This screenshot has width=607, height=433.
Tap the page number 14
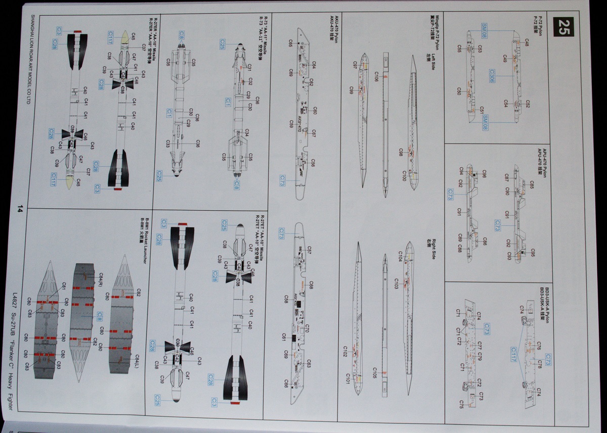click(20, 210)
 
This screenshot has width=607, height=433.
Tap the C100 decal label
click(404, 176)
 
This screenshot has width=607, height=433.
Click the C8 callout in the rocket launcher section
click(100, 316)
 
